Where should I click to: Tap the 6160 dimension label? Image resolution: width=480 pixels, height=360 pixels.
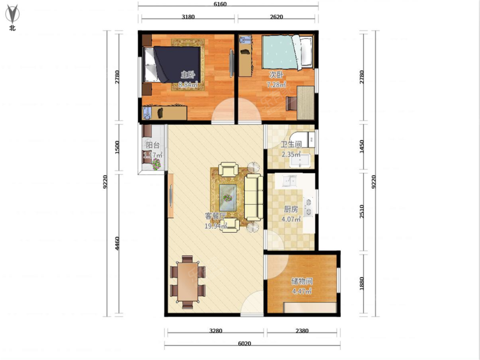[x=220, y=4]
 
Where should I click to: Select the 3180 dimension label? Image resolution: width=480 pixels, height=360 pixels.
[x=188, y=17]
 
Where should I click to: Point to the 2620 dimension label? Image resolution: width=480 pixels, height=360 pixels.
[x=276, y=17]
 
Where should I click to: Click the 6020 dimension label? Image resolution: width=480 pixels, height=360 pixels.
[x=244, y=344]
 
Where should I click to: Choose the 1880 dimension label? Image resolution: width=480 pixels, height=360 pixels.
[x=362, y=284]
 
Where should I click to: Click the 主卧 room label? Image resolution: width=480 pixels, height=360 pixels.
[x=188, y=75]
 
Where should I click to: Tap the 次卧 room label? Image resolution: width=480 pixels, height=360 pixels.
[x=276, y=75]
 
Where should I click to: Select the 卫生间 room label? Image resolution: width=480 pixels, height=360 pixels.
[x=291, y=144]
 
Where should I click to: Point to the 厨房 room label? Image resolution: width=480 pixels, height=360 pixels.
[x=291, y=209]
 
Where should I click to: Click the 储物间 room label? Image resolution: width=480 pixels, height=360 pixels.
[x=302, y=282]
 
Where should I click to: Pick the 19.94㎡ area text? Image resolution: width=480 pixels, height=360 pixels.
[x=216, y=226]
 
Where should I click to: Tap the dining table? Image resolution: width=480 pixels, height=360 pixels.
[x=188, y=282]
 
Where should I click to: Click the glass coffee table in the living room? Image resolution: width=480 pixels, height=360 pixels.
[x=228, y=198]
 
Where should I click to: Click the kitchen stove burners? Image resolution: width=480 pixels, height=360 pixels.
[x=308, y=207]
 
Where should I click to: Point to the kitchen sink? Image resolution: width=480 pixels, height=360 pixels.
[x=289, y=181]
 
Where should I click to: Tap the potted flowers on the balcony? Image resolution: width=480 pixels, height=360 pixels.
[x=156, y=164]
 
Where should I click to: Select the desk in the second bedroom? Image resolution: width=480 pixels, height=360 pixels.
[x=306, y=103]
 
